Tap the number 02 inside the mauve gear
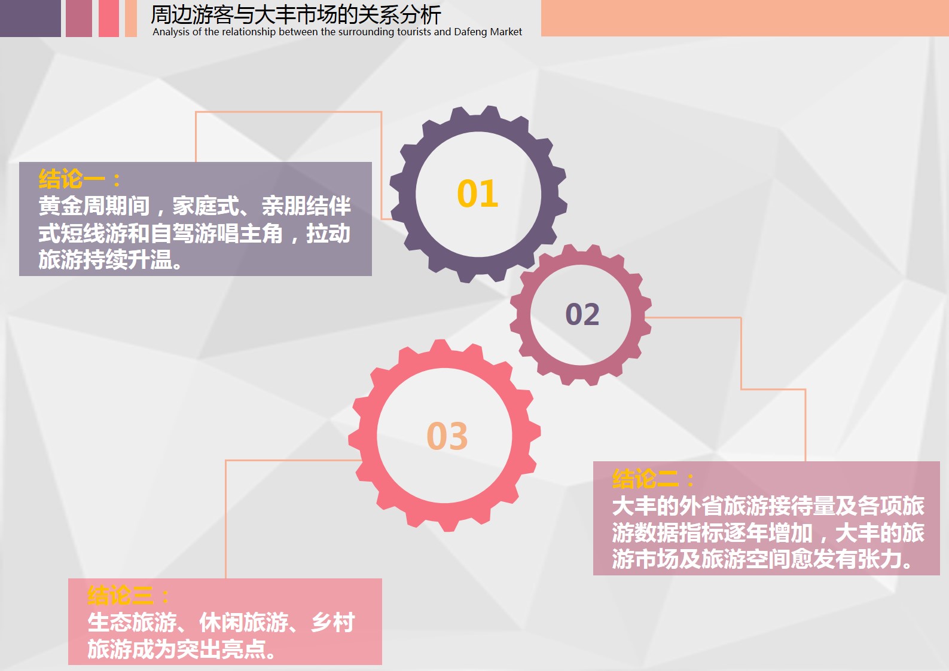pos(582,314)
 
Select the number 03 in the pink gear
pos(447,436)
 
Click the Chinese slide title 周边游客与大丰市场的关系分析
pos(296,15)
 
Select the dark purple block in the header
pos(30,18)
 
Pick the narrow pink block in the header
pos(108,18)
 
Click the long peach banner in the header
pos(745,18)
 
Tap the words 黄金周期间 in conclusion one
pos(94,206)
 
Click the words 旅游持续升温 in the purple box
pos(105,259)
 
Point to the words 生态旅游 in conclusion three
pos(132,623)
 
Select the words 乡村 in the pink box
pos(333,623)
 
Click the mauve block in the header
pos(79,18)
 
